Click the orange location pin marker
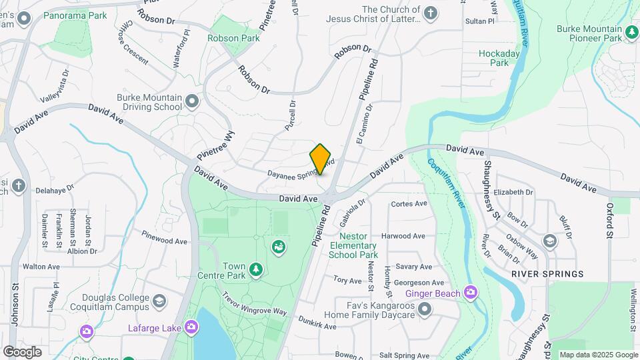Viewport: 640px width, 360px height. (x=321, y=159)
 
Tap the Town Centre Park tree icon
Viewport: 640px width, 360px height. (x=255, y=270)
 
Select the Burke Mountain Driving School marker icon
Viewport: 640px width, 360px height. (x=193, y=101)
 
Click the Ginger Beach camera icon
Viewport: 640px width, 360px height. (x=471, y=293)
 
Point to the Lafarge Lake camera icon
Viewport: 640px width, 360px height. (x=191, y=326)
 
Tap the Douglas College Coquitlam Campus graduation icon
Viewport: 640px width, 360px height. (x=159, y=302)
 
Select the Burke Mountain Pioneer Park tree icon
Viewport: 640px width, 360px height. (x=631, y=31)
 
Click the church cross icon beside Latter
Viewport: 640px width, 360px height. (x=431, y=13)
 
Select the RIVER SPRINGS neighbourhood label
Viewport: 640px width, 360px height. (x=547, y=274)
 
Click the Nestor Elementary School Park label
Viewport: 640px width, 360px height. (x=353, y=245)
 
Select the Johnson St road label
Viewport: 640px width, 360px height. (x=14, y=304)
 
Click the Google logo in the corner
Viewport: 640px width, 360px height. (x=22, y=351)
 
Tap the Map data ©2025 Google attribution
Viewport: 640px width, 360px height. (x=598, y=355)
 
